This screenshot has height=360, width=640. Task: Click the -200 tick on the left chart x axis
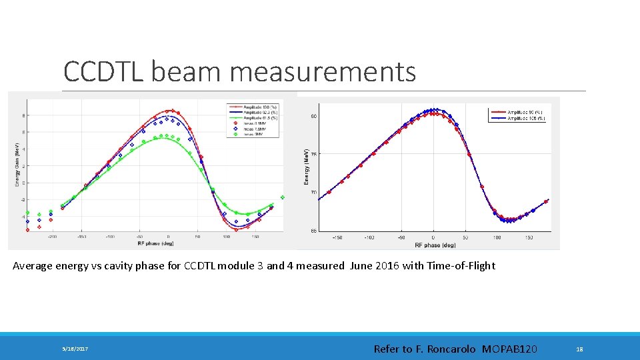click(51, 236)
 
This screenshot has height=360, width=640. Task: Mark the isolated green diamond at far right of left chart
click(283, 197)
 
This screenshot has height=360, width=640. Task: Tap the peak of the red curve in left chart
click(170, 111)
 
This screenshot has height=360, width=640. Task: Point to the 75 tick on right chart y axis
click(313, 154)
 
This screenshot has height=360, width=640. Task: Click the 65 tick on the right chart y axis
click(313, 231)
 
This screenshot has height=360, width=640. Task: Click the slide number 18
click(579, 349)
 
